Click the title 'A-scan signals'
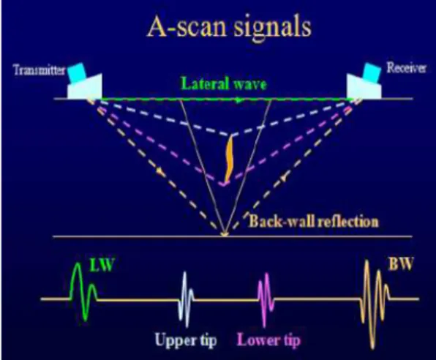(230, 27)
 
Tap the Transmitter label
(40, 70)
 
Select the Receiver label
(406, 67)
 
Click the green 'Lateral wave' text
(224, 83)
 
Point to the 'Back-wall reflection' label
(313, 222)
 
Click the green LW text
(102, 264)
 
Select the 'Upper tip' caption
(186, 340)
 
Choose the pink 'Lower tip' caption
(268, 340)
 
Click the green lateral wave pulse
(83, 291)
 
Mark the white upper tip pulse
(186, 299)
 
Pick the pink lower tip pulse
(266, 299)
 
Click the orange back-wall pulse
(375, 303)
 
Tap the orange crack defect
(229, 159)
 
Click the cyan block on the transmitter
(77, 73)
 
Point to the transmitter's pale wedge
(85, 87)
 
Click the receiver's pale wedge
(364, 87)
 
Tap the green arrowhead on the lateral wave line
(237, 100)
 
